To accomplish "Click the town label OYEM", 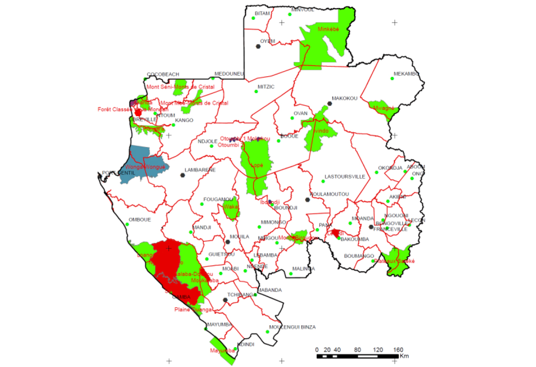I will tap(268, 41).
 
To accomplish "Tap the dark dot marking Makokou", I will tap(329, 104).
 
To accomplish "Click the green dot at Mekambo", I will tap(392, 78).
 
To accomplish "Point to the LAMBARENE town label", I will tap(200, 170).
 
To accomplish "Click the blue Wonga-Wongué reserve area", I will tap(137, 158).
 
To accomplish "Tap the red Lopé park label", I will tap(257, 165).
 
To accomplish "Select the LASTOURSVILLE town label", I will tap(345, 177).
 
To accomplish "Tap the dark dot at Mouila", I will tap(228, 242).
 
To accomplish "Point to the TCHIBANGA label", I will tap(242, 295).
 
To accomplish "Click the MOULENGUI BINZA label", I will tap(292, 327).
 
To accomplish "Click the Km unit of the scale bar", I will tap(404, 356).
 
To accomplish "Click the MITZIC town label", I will tap(266, 86).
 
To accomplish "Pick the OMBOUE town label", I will tap(140, 220).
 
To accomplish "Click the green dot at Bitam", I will tap(252, 18).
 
